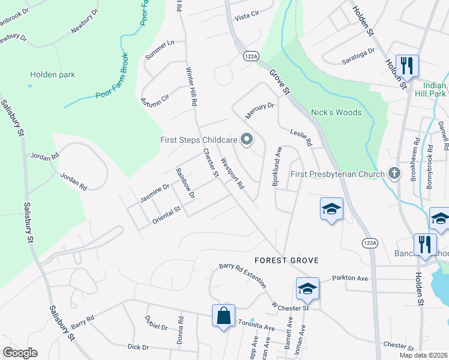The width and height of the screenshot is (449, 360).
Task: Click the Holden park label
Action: pos(53,75)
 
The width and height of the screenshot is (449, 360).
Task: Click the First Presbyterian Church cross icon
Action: pos(394,174)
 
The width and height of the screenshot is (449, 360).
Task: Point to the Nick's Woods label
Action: pos(336,112)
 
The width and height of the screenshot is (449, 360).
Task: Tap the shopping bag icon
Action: pos(223,315)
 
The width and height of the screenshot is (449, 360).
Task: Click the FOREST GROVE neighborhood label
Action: pos(286,260)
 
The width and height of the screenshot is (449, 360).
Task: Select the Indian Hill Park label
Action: pos(431,89)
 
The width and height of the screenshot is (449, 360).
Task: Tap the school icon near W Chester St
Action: pos(307,289)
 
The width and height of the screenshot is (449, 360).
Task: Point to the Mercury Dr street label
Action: pos(259,110)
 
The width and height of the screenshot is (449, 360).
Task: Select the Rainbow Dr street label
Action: pos(185,184)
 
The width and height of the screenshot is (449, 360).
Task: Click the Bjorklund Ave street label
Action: pos(277,167)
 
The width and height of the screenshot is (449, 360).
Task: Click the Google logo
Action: pos(19,353)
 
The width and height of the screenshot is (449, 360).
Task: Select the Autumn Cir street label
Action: pos(155,97)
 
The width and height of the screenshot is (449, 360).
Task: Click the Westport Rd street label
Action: pos(232,173)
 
